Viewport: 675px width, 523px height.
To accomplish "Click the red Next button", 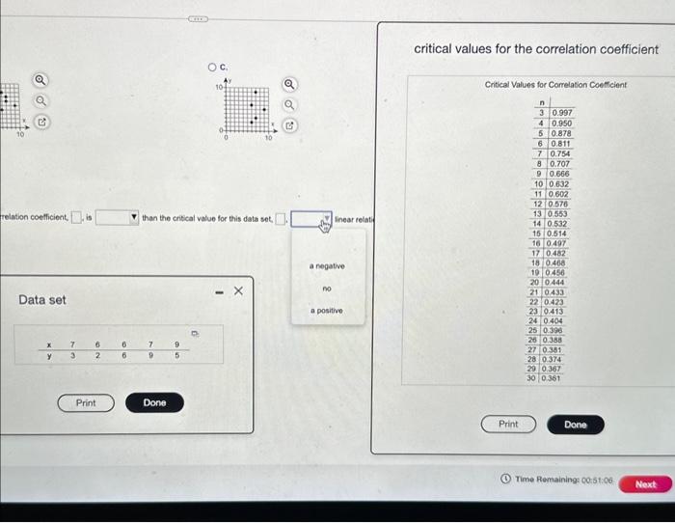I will (646, 484).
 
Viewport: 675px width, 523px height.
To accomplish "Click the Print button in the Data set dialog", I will (86, 402).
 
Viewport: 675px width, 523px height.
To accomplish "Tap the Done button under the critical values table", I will (576, 425).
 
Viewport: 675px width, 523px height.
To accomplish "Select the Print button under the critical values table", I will (508, 425).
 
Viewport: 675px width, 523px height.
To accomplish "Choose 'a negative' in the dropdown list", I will (327, 265).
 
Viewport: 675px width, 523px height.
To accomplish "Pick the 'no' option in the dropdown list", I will (327, 288).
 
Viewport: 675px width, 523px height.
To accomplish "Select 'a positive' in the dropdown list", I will (327, 311).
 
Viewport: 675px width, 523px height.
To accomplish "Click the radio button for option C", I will (212, 67).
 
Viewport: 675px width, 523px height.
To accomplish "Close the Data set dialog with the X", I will (239, 289).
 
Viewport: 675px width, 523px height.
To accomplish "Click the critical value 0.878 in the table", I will (560, 133).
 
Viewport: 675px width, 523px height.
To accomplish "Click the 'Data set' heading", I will (42, 300).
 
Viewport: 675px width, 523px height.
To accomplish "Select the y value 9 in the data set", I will (150, 355).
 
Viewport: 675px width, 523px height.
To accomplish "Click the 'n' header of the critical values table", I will (543, 101).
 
